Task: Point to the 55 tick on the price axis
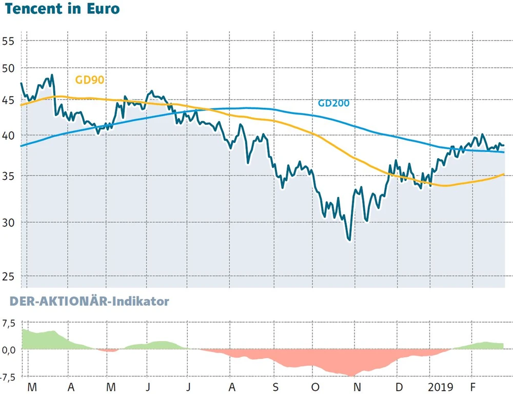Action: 9,41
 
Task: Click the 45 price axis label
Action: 9,100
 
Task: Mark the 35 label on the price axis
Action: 9,176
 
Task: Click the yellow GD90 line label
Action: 91,80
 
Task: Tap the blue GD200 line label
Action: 333,103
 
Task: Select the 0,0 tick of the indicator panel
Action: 9,350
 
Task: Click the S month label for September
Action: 275,386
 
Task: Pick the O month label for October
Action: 315,386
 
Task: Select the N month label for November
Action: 357,386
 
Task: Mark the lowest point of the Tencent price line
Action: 349,239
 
